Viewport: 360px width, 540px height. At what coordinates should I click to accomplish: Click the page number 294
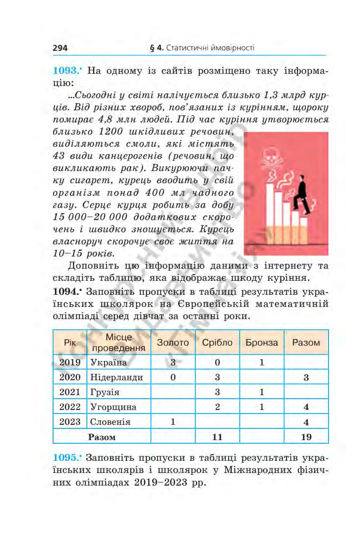pyautogui.click(x=60, y=48)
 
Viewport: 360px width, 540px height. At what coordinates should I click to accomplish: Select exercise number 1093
pyautogui.click(x=67, y=71)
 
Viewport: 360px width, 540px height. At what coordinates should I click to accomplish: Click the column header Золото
pyautogui.click(x=173, y=342)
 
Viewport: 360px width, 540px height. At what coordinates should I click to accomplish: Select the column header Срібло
pyautogui.click(x=217, y=342)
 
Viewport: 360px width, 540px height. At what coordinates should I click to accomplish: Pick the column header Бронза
pyautogui.click(x=261, y=342)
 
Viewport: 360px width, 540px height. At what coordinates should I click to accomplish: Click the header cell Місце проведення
pyautogui.click(x=119, y=342)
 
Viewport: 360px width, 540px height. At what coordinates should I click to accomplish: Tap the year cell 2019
pyautogui.click(x=70, y=362)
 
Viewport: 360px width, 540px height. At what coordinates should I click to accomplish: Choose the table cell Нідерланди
pyautogui.click(x=117, y=377)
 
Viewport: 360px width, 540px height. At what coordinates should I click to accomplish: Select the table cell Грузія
pyautogui.click(x=105, y=392)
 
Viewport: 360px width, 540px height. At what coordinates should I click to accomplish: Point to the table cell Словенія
pyautogui.click(x=110, y=422)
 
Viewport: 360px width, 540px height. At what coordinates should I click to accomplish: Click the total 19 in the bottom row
pyautogui.click(x=306, y=436)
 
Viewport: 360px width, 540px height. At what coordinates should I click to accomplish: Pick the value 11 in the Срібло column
pyautogui.click(x=217, y=436)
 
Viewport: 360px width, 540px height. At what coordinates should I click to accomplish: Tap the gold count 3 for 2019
pyautogui.click(x=173, y=362)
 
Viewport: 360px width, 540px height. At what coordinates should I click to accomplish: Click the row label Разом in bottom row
pyautogui.click(x=102, y=436)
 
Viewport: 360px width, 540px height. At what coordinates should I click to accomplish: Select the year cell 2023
pyautogui.click(x=70, y=422)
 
